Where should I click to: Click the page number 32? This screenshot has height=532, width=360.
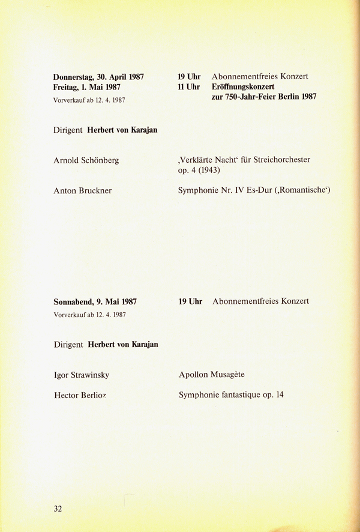click(x=58, y=509)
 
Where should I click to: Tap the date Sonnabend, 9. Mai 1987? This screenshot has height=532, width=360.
click(x=95, y=301)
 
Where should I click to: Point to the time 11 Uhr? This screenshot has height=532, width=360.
click(x=188, y=87)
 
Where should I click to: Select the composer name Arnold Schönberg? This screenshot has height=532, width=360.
click(x=86, y=160)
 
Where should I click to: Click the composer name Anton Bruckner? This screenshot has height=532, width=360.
click(x=83, y=190)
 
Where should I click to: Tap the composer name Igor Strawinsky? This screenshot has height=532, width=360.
click(x=82, y=375)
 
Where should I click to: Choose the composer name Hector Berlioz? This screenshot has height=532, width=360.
click(x=80, y=396)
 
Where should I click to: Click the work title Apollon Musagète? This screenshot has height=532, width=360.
click(x=212, y=375)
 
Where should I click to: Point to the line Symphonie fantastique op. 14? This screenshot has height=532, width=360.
click(x=231, y=396)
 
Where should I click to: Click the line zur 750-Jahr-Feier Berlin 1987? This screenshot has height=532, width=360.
click(x=264, y=97)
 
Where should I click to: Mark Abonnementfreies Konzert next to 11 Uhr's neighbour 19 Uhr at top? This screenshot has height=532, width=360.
click(x=260, y=77)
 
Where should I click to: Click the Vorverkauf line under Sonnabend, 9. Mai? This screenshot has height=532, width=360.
click(x=89, y=314)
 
